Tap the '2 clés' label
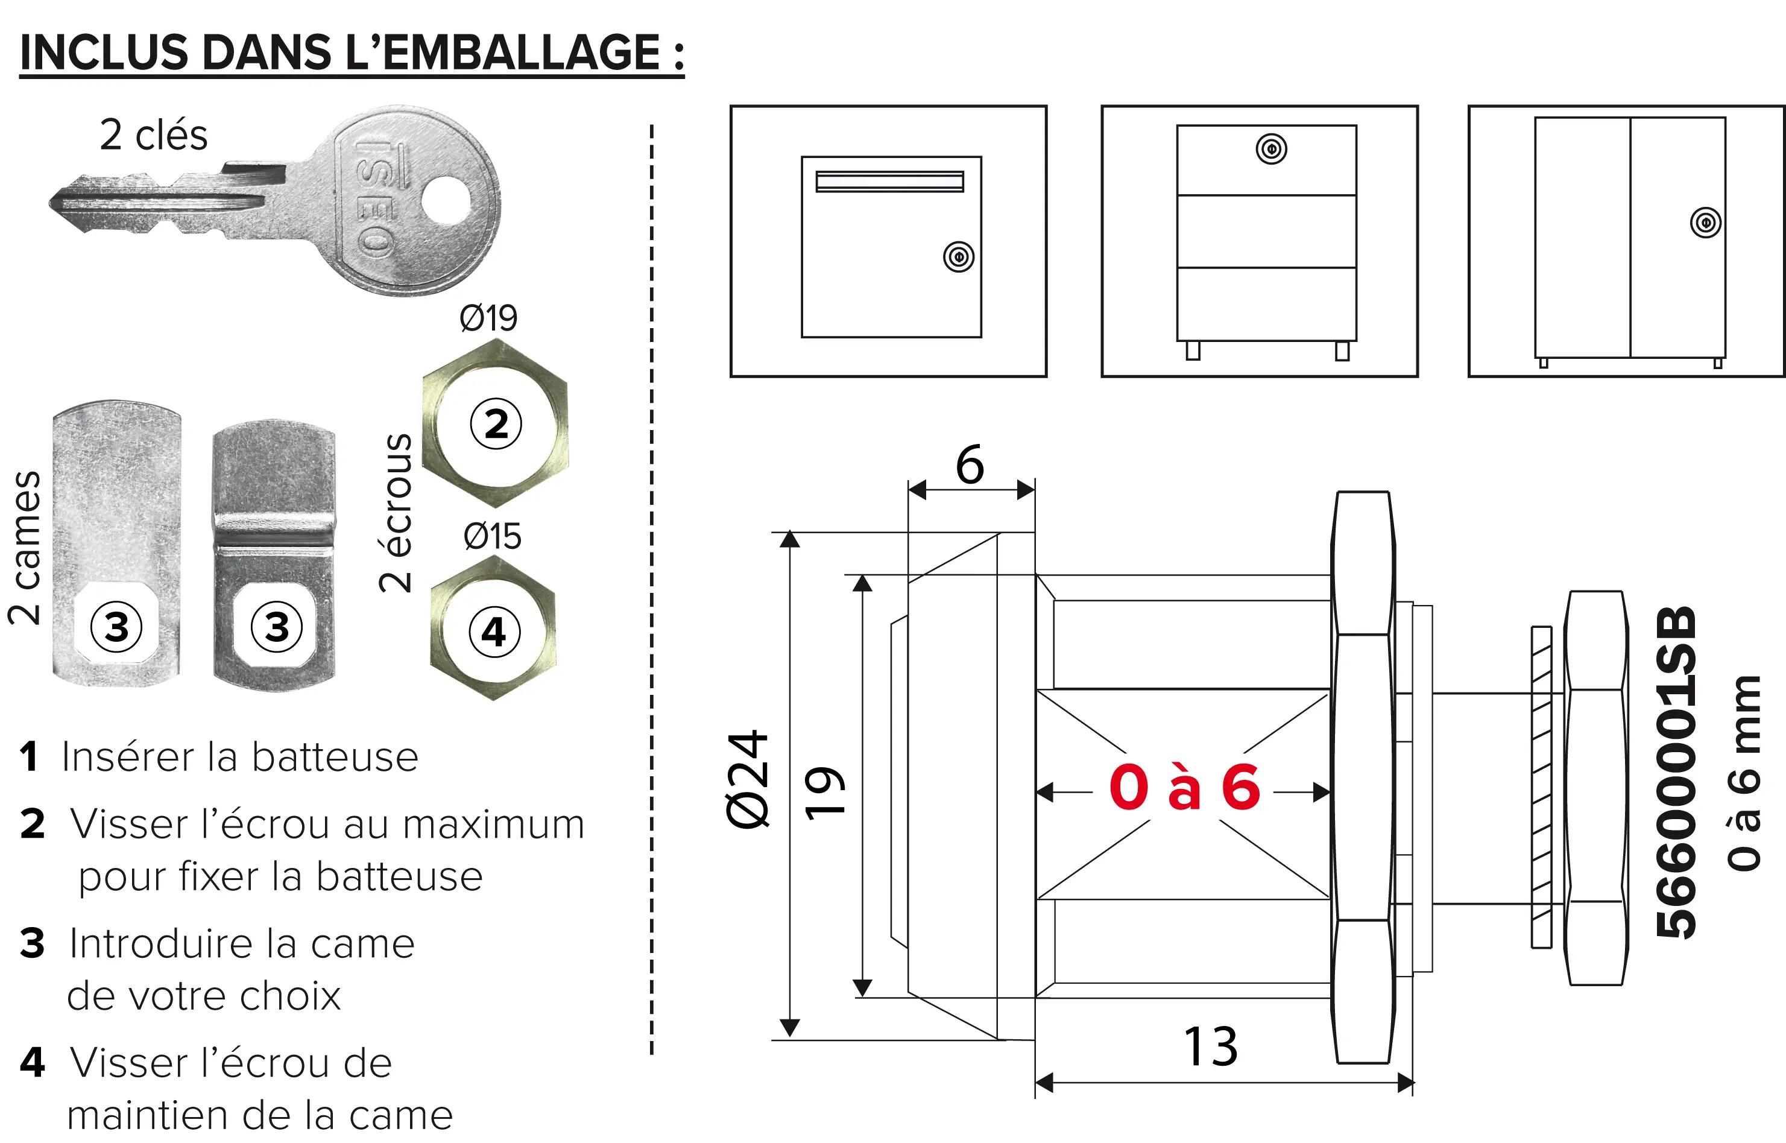click(x=154, y=135)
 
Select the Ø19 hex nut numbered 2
click(x=496, y=423)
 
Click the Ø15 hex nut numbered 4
click(x=493, y=631)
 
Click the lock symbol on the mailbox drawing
click(x=959, y=257)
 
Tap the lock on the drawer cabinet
click(x=1271, y=148)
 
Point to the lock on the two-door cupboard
click(x=1705, y=223)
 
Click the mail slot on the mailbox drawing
click(x=889, y=181)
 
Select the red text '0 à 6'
click(x=1184, y=788)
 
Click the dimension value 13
click(x=1210, y=1047)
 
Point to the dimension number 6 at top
click(x=970, y=466)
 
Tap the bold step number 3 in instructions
click(x=33, y=943)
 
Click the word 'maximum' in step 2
click(x=493, y=824)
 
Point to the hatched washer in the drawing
click(x=1541, y=787)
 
